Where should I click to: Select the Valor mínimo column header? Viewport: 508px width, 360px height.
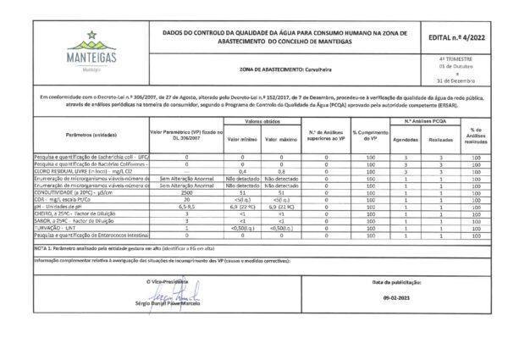(x=241, y=138)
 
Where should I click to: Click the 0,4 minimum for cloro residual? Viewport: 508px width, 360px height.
(x=241, y=172)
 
